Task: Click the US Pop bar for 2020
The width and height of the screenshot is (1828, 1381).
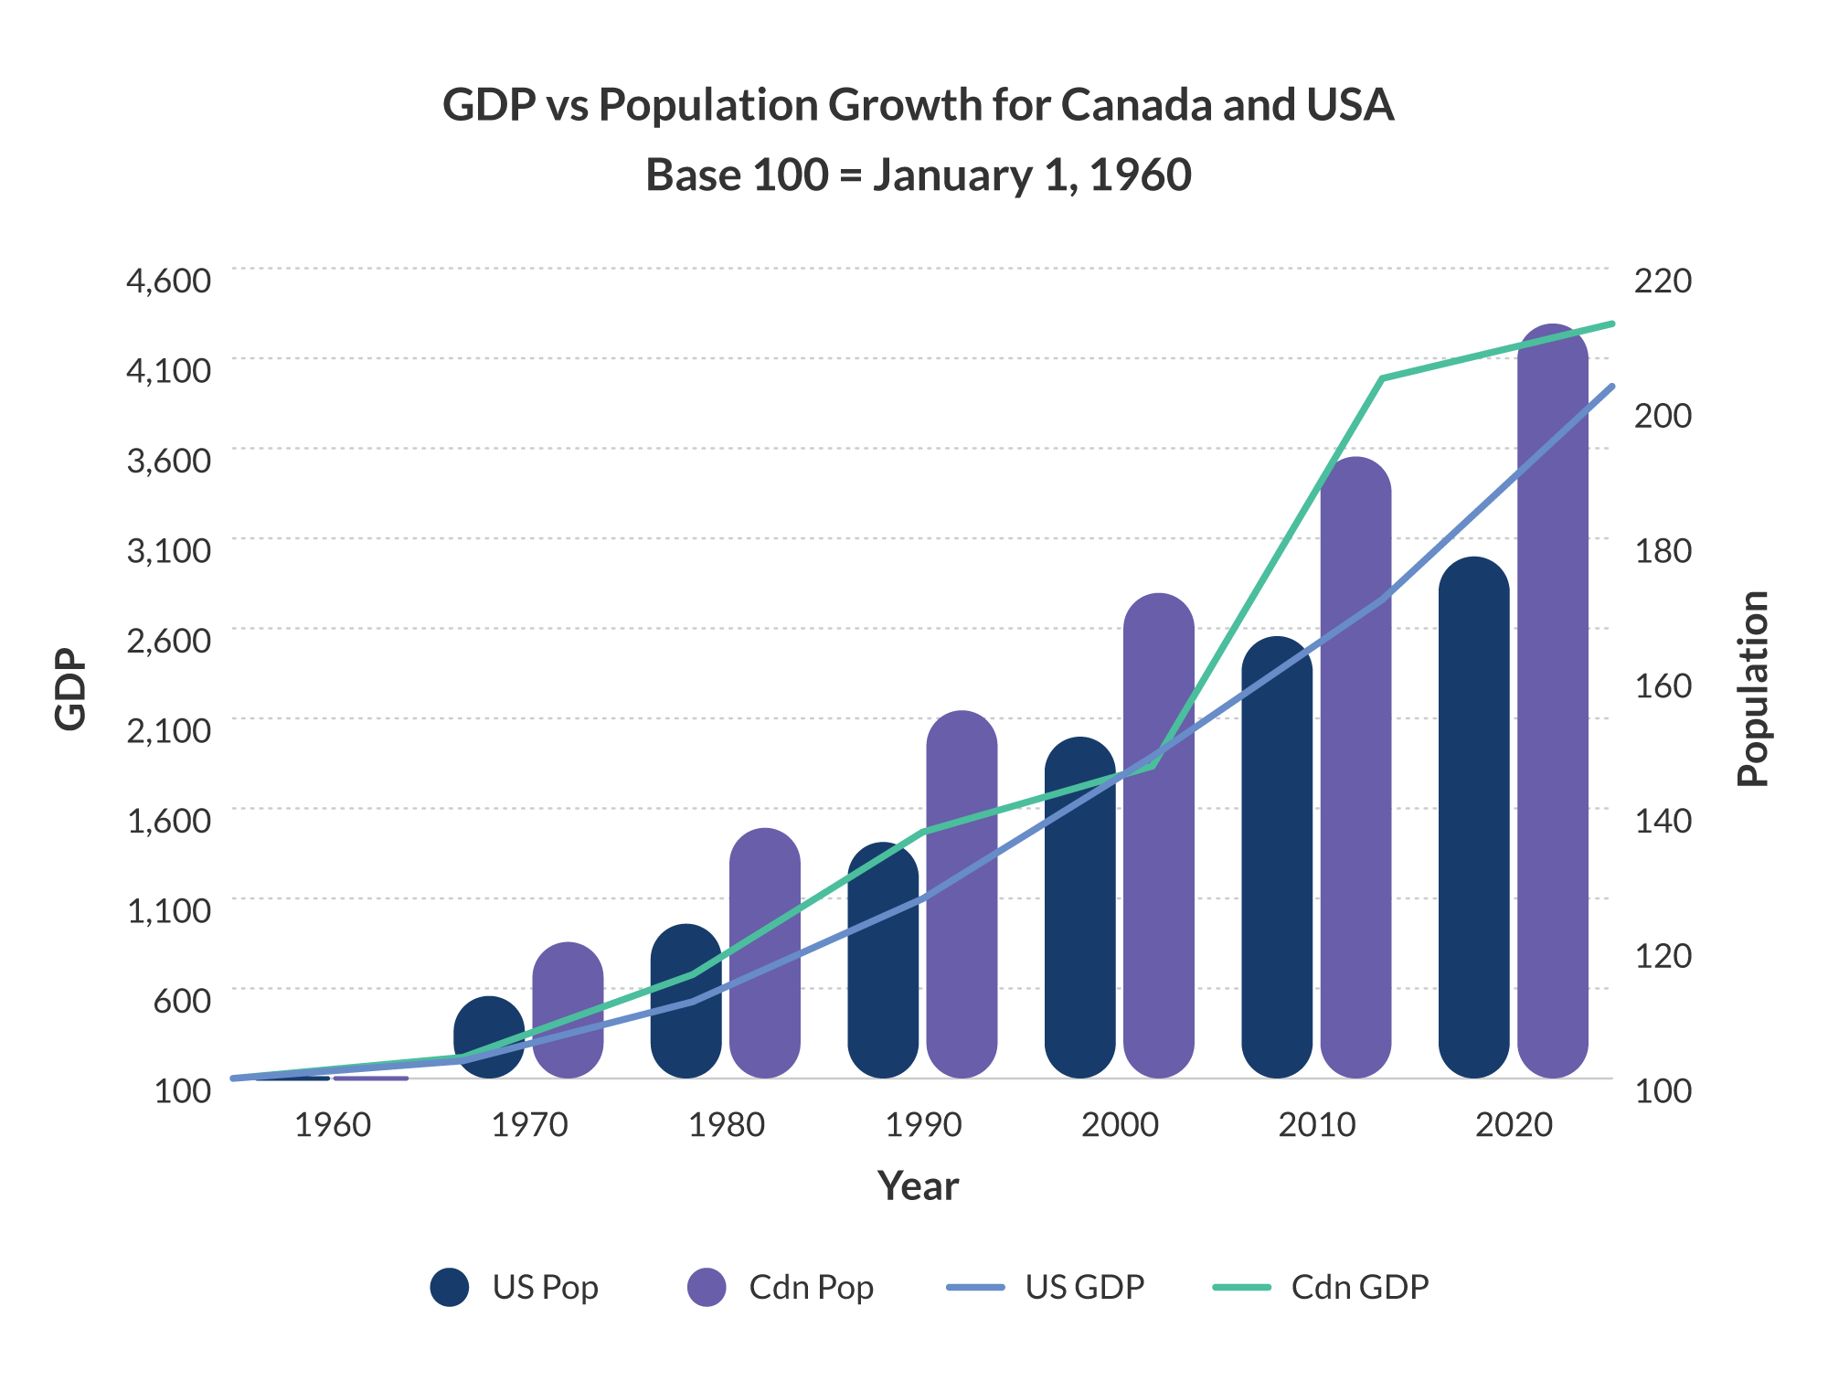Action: point(1473,823)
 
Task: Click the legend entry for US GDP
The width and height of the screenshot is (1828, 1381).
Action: point(1084,1287)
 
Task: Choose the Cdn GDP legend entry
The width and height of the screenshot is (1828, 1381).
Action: point(1359,1287)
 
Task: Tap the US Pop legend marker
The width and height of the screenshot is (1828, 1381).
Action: point(450,1287)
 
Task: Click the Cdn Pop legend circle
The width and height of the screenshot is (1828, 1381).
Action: point(707,1287)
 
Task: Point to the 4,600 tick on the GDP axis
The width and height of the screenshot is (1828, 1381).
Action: point(168,281)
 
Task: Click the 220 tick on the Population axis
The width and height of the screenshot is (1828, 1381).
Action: point(1663,281)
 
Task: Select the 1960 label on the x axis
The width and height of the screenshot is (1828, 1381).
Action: point(333,1125)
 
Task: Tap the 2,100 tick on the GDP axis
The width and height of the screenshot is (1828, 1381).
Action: point(168,731)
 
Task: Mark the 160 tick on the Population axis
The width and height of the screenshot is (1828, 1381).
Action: point(1663,685)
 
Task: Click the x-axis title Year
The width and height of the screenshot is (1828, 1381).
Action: point(918,1186)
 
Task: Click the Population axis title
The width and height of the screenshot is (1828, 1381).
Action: point(1752,689)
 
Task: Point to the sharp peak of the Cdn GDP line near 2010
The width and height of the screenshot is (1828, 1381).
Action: point(1383,377)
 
